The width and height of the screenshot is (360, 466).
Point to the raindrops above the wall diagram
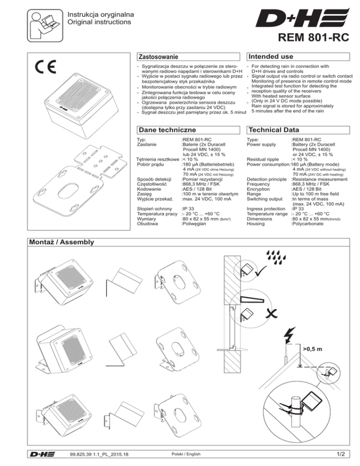(x=274, y=256)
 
